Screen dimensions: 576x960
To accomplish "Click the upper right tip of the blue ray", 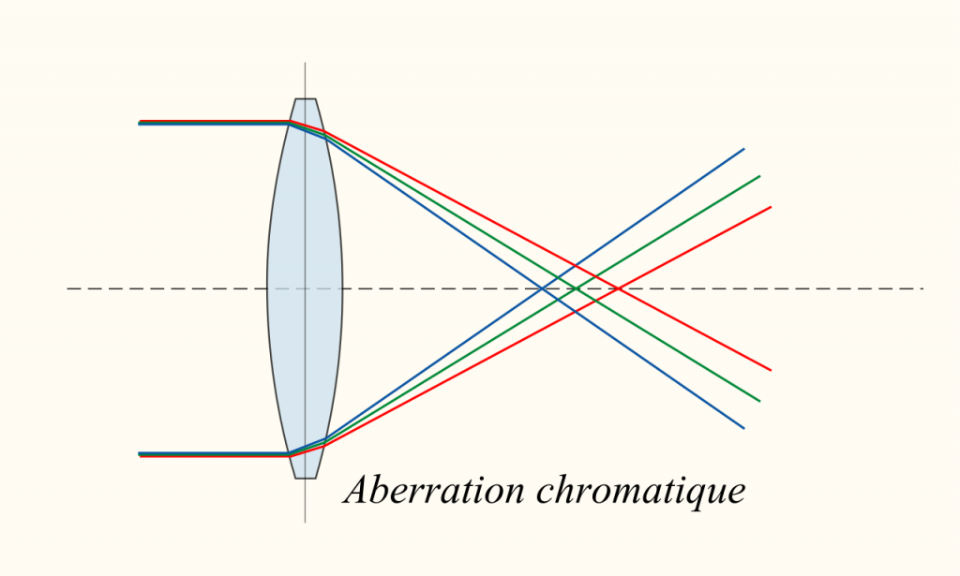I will [x=743, y=149].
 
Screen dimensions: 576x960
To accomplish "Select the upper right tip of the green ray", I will [x=759, y=176].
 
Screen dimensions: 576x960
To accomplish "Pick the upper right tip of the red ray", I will [x=771, y=207].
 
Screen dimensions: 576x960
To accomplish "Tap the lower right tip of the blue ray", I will [x=743, y=428].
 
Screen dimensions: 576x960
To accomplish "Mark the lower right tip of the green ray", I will [x=759, y=401].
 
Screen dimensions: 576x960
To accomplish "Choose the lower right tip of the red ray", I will [x=771, y=370].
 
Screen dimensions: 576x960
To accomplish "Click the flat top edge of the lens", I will [x=306, y=98].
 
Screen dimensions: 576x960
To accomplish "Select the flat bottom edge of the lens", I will [x=306, y=479].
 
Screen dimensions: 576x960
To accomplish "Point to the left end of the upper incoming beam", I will [x=140, y=122].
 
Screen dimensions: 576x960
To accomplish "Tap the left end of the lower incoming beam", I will [x=140, y=454].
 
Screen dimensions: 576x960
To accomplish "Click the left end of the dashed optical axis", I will [x=68, y=288].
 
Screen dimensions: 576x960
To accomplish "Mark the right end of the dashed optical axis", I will [x=923, y=288].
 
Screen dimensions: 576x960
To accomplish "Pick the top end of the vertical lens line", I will [x=306, y=63].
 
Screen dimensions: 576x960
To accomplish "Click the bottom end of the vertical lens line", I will [x=306, y=521].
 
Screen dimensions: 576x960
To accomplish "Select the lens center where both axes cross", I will [x=306, y=288].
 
